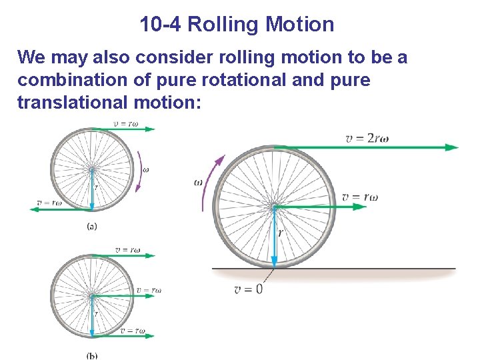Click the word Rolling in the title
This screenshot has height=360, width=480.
pos(224,25)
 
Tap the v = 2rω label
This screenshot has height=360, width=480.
pos(367,138)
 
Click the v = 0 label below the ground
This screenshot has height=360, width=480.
pos(248,289)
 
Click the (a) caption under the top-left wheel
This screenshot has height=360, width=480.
pos(92,226)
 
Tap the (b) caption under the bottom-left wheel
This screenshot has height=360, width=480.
pos(92,355)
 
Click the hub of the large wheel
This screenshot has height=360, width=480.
pos(275,207)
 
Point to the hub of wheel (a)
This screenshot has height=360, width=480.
pos(92,169)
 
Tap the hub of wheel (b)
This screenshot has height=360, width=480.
pos(92,295)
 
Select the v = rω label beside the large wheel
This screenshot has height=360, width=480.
pos(360,197)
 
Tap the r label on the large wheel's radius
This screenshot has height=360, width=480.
pos(280,233)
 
